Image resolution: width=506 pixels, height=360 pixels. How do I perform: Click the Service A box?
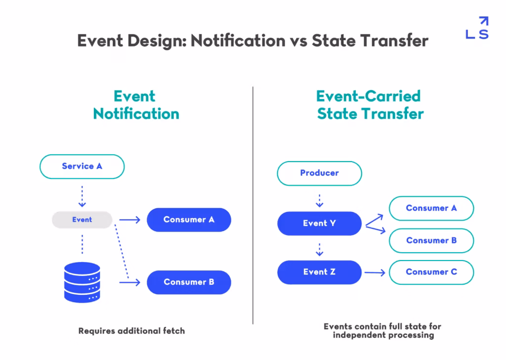[x=82, y=166]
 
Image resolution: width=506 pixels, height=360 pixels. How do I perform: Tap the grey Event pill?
[x=82, y=220]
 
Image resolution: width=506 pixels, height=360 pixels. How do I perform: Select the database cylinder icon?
[x=82, y=282]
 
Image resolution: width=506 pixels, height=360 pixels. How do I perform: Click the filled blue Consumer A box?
[x=189, y=220]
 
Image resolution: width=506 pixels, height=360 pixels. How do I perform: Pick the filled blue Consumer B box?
[x=189, y=282]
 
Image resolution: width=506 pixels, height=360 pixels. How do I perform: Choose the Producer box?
[x=319, y=173]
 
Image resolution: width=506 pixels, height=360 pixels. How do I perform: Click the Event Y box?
[x=319, y=224]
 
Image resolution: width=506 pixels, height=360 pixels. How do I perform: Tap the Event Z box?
[x=319, y=272]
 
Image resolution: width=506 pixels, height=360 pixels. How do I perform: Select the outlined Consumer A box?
[x=431, y=208]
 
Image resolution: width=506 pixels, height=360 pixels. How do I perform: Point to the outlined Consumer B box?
[x=431, y=241]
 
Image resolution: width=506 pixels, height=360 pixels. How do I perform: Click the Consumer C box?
[x=431, y=272]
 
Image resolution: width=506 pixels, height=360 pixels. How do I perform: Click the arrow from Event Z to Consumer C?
[x=375, y=272]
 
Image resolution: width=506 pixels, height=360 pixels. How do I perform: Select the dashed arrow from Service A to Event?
[x=82, y=196]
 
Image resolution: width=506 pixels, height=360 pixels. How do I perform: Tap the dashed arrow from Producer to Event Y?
[x=319, y=200]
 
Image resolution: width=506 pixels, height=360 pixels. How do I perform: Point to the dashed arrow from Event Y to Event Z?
[x=319, y=249]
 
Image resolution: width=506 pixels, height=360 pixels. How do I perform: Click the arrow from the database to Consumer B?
[x=130, y=282]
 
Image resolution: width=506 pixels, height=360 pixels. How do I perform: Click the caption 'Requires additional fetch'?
[x=131, y=331]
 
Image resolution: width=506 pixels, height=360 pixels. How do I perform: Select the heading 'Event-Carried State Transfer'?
[x=370, y=105]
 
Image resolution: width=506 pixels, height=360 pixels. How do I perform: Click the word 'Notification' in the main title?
[x=237, y=41]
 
